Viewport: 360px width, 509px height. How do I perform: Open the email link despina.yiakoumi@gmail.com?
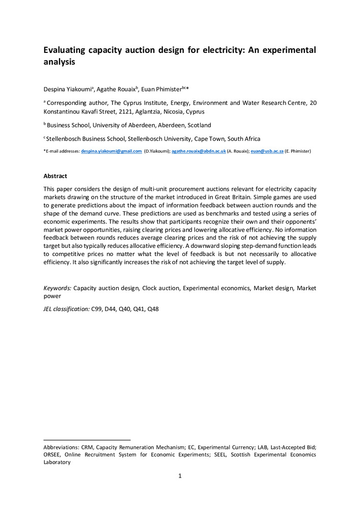[x=112, y=151]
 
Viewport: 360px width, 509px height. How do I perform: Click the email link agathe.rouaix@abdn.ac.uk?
[x=199, y=151]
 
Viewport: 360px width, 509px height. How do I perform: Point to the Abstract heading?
[x=55, y=176]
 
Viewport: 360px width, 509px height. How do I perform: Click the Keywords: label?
[x=58, y=288]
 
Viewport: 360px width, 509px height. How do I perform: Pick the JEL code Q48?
[x=153, y=308]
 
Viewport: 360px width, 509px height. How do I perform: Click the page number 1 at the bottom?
[x=180, y=476]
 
